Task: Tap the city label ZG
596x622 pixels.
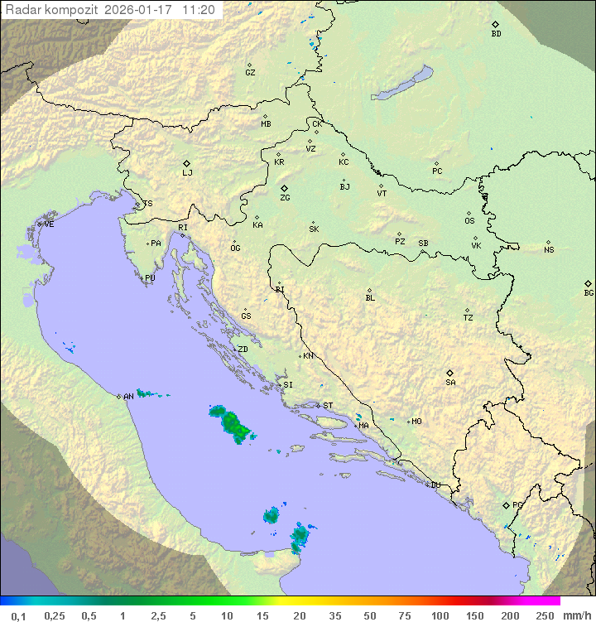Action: (x=285, y=198)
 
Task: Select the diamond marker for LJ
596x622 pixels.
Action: (x=187, y=163)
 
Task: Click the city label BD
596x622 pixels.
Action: (x=496, y=34)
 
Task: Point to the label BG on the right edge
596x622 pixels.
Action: (x=589, y=292)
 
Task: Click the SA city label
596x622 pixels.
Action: (x=450, y=383)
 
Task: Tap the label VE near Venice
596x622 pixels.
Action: (x=49, y=224)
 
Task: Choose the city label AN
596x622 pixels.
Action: (x=128, y=397)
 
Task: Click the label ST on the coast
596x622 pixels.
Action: (x=328, y=406)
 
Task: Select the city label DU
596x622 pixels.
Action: (x=435, y=485)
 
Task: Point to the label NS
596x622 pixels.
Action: (x=549, y=250)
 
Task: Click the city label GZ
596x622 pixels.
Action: (x=250, y=73)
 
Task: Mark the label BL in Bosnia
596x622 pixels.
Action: (x=370, y=298)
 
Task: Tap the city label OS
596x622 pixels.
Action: (x=469, y=221)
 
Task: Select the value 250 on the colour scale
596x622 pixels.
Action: (x=545, y=615)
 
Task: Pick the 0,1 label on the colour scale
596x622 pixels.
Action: (x=18, y=615)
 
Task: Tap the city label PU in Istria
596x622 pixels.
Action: (x=150, y=278)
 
